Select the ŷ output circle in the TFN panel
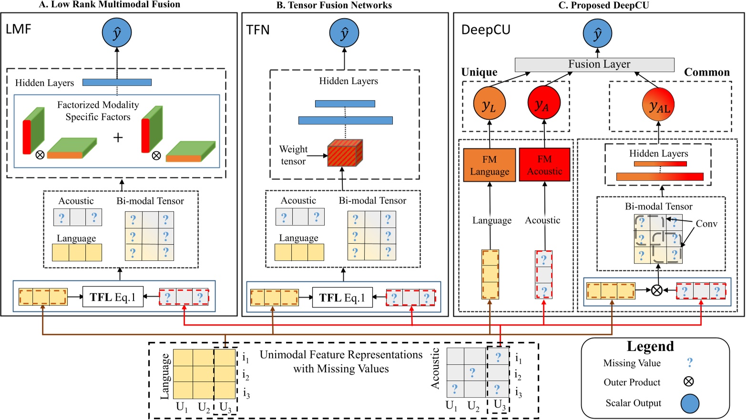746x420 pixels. (344, 33)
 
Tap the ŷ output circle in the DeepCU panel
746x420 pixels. (597, 33)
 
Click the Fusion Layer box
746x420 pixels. (594, 64)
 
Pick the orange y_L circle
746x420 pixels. (489, 103)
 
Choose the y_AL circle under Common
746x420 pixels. (658, 105)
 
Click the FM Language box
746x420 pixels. (490, 165)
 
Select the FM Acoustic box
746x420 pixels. (544, 165)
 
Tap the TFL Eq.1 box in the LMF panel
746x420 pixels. (113, 297)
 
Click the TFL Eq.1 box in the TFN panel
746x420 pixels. (342, 297)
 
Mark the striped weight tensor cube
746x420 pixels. (345, 153)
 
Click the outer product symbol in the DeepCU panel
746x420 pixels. (656, 290)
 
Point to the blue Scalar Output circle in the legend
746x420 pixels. (689, 403)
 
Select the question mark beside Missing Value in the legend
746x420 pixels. (689, 363)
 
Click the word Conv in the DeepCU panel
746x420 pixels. (706, 224)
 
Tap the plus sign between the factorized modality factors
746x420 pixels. (118, 137)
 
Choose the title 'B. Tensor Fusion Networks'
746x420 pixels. (334, 5)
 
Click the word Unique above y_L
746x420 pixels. (479, 72)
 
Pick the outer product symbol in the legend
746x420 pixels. (689, 381)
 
